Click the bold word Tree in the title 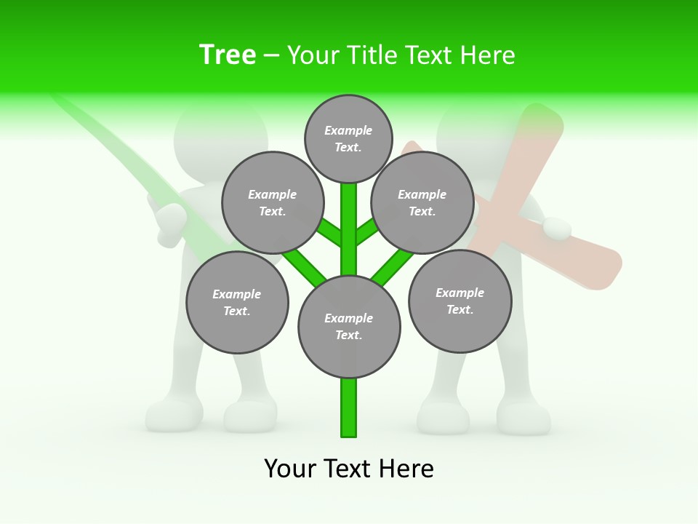coord(228,55)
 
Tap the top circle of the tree coord(348,138)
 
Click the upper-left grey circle coord(272,202)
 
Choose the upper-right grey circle coord(422,202)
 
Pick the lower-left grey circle coord(237,302)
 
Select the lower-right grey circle coord(460,301)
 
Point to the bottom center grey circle coord(349,327)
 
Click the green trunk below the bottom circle coord(349,408)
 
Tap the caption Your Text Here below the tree coord(349,469)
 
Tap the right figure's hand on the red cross coord(558,229)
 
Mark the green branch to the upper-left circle coord(329,233)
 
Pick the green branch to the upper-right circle coord(368,233)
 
